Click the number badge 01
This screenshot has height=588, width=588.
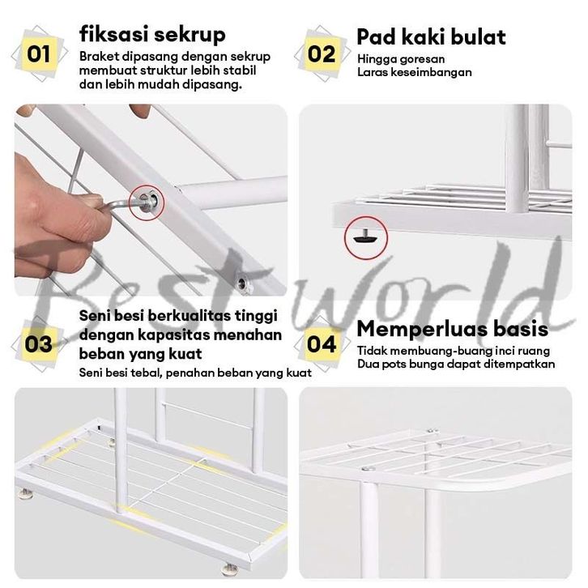coord(39,54)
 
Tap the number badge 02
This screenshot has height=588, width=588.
coord(322,54)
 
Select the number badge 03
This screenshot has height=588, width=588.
coord(38,344)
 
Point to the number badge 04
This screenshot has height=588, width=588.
coord(322,344)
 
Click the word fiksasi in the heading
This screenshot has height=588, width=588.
coord(114,35)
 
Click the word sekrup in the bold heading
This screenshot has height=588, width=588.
coord(190,36)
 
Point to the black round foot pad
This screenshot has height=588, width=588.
coord(365,238)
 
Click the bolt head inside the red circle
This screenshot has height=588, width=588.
coord(146,202)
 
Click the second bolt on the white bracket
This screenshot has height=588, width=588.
coord(243,283)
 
